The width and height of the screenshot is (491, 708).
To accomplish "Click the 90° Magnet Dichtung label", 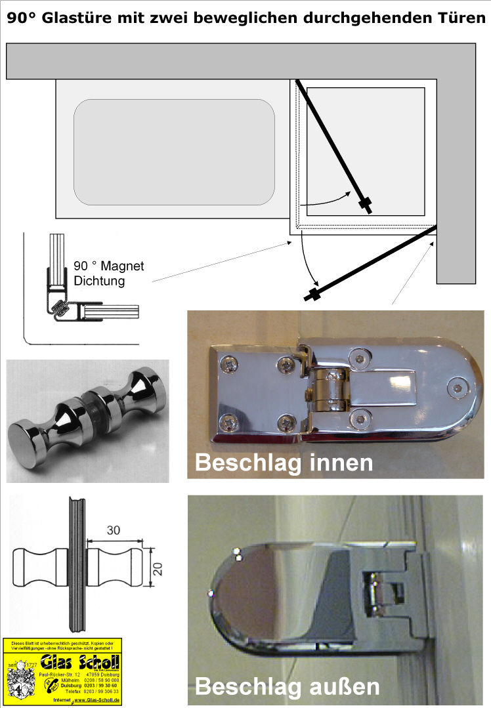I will pos(109,273).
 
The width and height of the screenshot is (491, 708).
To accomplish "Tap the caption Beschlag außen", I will pos(288,686).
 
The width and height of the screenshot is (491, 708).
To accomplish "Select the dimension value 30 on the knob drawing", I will pos(113,531).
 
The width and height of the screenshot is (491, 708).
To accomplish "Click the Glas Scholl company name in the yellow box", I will pos(80,661).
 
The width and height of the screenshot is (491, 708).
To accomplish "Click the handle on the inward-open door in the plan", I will pos(366,203).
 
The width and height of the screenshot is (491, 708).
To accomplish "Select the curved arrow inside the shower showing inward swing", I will pos(331,196).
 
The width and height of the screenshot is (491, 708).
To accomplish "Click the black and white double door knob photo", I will pos(87,421).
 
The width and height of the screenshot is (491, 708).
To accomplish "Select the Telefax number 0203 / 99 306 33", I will pos(101,692).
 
